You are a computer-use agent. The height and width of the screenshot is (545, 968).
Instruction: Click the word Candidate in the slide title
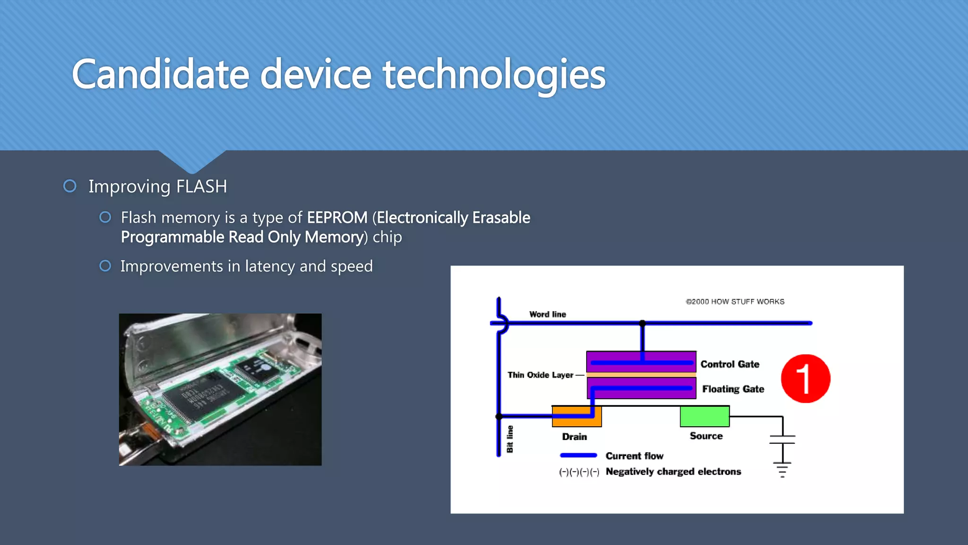tap(160, 75)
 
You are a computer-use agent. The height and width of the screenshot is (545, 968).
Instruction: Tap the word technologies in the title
tap(494, 75)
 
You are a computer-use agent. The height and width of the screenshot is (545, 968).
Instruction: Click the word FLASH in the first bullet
tap(201, 186)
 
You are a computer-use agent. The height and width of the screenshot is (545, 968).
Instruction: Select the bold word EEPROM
tap(337, 218)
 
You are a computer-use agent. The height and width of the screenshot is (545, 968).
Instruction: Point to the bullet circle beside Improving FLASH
tap(70, 186)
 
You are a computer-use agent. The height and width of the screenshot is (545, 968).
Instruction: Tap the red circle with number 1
tap(805, 378)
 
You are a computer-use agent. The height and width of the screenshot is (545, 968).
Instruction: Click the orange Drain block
tap(577, 416)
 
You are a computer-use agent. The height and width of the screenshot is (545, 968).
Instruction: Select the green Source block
tap(704, 416)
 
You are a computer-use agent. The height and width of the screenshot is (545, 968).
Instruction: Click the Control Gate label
tap(730, 364)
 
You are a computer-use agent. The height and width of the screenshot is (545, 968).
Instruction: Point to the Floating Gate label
tap(733, 389)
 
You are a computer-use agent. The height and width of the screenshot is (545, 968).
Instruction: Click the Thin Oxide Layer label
tap(540, 375)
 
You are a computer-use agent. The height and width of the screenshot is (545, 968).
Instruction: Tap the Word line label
tap(547, 315)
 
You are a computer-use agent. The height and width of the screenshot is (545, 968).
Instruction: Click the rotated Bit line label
tap(510, 439)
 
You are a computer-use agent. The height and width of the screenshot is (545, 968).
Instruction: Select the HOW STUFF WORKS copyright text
tap(735, 302)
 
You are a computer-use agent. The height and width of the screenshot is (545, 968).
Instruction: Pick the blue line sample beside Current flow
tap(579, 456)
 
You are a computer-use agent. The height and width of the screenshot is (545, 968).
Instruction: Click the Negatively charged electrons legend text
tap(673, 472)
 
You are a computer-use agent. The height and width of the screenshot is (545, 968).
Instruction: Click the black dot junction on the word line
tap(642, 323)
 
